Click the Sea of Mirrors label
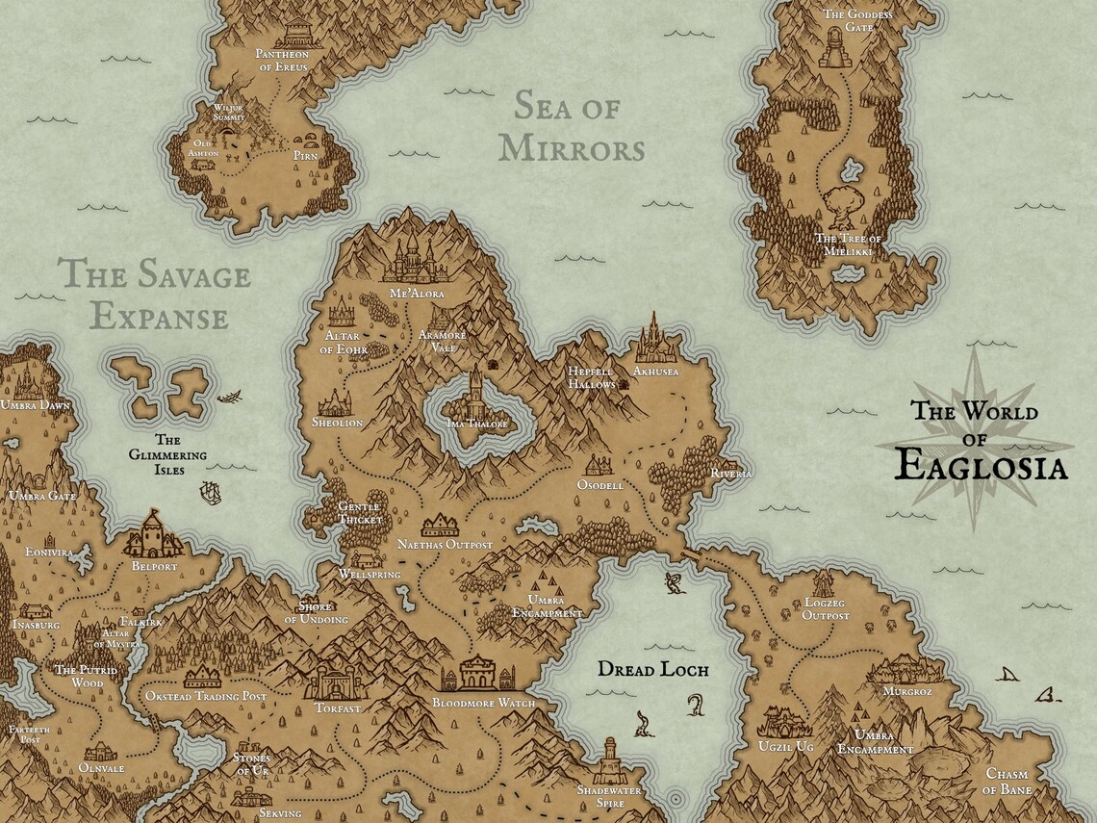pos(577,127)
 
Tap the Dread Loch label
pos(652,669)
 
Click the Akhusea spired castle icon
pos(654,339)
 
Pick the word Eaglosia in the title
pos(980,467)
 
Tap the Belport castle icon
pos(152,534)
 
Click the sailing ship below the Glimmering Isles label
pos(209,493)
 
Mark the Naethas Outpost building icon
pos(441,525)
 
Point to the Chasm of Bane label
pos(1008,782)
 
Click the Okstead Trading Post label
pos(205,696)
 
